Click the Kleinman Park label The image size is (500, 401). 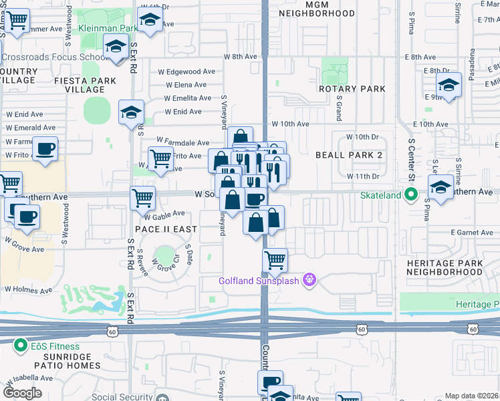point(108,29)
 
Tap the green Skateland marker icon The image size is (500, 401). point(411,195)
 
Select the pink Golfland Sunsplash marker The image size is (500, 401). point(309,279)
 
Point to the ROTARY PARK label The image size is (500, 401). point(352,89)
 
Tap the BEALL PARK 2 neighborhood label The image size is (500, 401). point(348,155)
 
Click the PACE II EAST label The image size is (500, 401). point(166,229)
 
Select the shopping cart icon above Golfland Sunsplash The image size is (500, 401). point(275,259)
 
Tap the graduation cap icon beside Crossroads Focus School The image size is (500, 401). point(116,47)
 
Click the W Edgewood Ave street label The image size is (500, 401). point(186,72)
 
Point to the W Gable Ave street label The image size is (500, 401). point(164,214)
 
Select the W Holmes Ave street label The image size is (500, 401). point(27,290)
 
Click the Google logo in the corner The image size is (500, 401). point(22,392)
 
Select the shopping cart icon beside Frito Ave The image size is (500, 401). point(160,159)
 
